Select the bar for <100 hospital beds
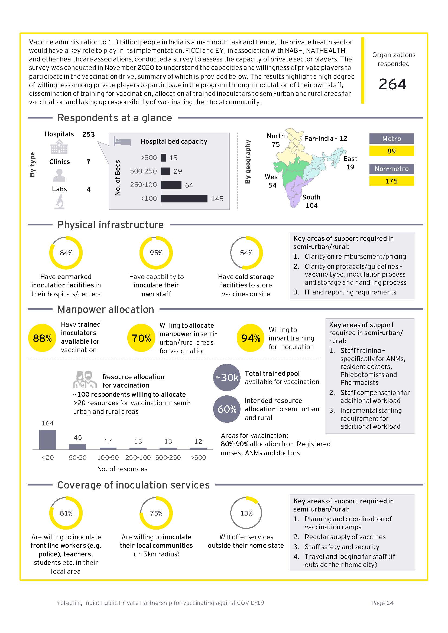point(184,198)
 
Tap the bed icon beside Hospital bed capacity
point(122,142)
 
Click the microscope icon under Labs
point(60,202)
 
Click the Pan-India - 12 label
point(326,138)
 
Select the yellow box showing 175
point(391,181)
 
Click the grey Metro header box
point(391,139)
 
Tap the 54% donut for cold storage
point(246,253)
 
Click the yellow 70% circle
point(141,338)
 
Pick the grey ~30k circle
point(227,378)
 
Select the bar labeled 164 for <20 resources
point(47,440)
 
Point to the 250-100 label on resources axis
point(138,457)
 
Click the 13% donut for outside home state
point(246,513)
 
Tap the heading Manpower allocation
point(105,309)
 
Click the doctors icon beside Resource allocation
point(85,379)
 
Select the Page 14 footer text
point(382,603)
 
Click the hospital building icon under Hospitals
point(59,147)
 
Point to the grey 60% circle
point(227,409)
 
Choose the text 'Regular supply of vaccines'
point(345,537)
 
